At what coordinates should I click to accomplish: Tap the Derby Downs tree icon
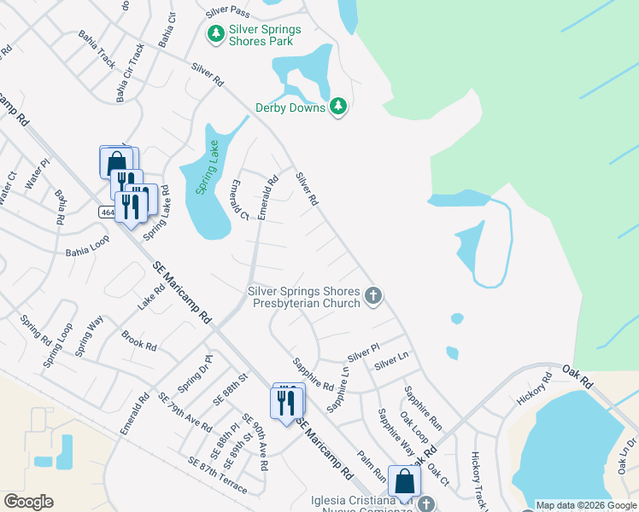click(x=338, y=106)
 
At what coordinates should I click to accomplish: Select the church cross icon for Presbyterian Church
click(x=372, y=296)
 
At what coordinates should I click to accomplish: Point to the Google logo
click(x=27, y=502)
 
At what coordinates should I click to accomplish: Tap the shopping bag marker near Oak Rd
click(x=403, y=480)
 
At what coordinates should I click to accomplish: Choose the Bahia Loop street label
click(x=88, y=253)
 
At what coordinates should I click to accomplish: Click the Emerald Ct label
click(x=239, y=201)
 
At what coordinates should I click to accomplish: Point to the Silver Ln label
click(x=391, y=360)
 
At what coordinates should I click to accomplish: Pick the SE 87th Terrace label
click(x=218, y=474)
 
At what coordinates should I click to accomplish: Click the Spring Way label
click(x=89, y=335)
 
